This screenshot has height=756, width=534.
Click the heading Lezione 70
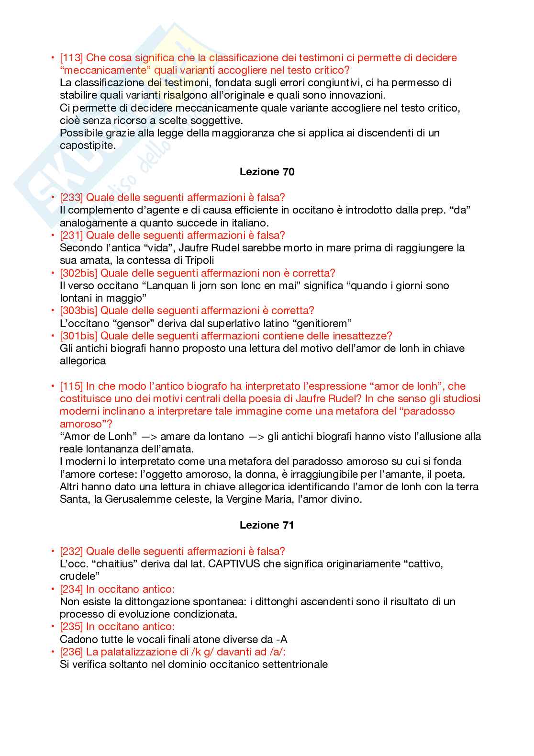coord(267,172)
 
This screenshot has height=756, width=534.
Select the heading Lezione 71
coord(267,525)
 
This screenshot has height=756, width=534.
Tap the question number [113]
coord(71,58)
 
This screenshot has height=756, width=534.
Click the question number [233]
coord(71,197)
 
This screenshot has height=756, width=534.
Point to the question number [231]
coord(71,235)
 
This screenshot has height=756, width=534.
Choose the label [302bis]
coord(78,273)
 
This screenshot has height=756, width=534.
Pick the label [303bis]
coord(78,311)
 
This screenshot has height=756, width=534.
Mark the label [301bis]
coord(78,336)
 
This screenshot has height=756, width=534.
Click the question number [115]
coord(71,386)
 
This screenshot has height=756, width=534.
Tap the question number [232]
coord(71,551)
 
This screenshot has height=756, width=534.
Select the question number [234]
coord(71,589)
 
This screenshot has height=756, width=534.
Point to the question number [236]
coord(71,652)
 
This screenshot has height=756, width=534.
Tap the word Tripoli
coord(198,260)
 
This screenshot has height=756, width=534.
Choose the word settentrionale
coord(293,665)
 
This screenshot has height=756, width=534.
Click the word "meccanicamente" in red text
coord(100,70)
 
